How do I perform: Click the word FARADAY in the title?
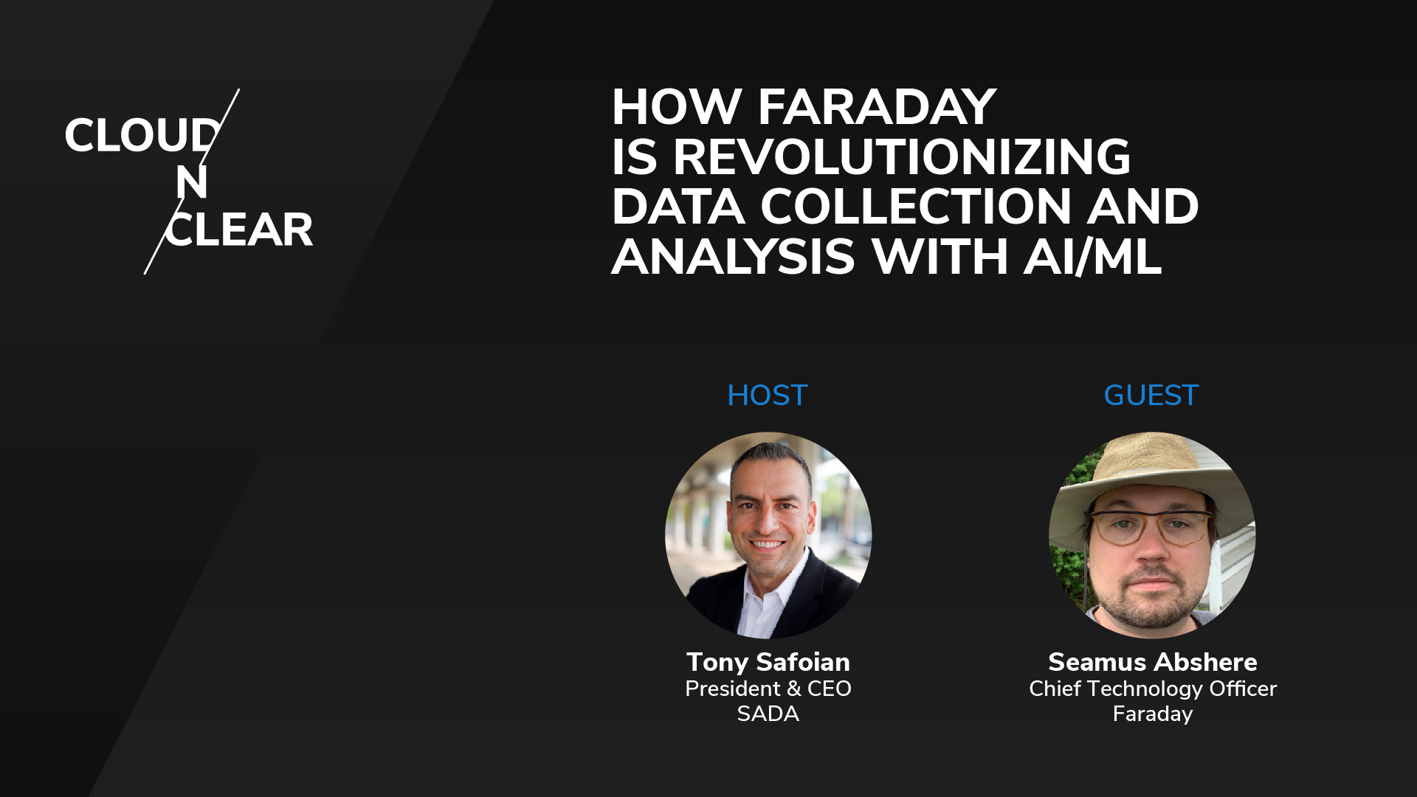pos(877,107)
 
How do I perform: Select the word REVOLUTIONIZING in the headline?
pos(901,156)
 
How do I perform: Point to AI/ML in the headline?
pos(1093,257)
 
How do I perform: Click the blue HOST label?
pos(768,396)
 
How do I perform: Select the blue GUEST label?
pos(1151,396)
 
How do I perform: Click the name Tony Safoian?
pos(768,662)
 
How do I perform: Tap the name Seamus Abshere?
pos(1153,662)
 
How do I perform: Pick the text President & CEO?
pos(768,689)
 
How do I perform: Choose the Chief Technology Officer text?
pos(1153,689)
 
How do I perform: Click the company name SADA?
pos(768,714)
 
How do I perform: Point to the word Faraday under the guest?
pos(1153,714)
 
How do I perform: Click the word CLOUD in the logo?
pos(142,136)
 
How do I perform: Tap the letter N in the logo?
pos(192,182)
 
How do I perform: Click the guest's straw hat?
pos(1152,472)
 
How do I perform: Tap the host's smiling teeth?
pos(767,545)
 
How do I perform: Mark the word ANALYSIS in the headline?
pos(733,257)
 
